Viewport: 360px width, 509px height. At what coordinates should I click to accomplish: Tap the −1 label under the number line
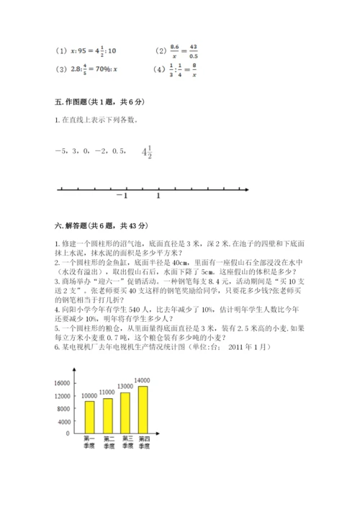coord(122,197)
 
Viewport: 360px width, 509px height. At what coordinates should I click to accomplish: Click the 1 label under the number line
coord(158,197)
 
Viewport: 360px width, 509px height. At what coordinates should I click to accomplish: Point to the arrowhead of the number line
coord(246,189)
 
